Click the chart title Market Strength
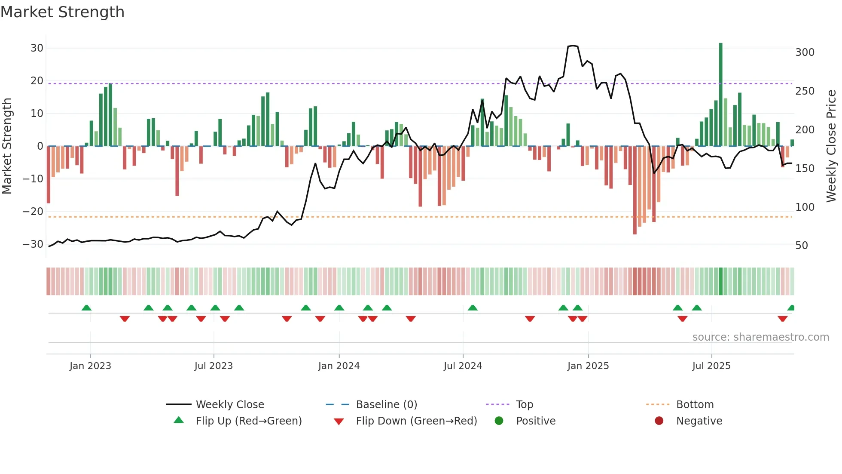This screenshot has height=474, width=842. (62, 12)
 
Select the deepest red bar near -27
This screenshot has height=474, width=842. (635, 190)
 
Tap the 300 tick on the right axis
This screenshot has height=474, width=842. (805, 52)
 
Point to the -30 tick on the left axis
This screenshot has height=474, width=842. (33, 244)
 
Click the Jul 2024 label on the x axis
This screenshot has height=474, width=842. (463, 366)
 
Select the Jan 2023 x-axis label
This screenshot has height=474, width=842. (90, 366)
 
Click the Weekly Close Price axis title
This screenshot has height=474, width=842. (831, 146)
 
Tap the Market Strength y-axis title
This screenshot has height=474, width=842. (7, 146)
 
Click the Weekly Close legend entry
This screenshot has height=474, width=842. (229, 405)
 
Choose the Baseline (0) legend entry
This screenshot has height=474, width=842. (386, 405)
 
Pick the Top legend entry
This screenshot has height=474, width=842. (524, 405)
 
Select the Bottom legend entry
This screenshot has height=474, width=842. (695, 405)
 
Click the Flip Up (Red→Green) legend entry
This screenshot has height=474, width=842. (248, 421)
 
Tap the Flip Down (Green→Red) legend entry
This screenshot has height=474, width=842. (416, 421)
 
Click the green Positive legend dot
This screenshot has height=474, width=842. (499, 421)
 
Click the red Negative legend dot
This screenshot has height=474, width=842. (659, 421)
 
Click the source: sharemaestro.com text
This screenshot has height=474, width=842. (760, 337)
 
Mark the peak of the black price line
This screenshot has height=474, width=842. (573, 46)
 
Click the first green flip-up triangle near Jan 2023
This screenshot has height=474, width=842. (86, 308)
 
